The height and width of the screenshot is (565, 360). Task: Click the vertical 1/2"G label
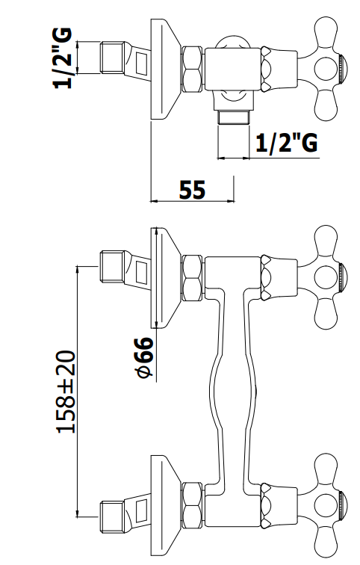63,58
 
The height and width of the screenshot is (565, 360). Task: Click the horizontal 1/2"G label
287,143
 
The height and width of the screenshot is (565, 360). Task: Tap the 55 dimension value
192,190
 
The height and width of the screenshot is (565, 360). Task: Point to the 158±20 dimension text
66,392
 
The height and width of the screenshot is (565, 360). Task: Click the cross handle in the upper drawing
321,69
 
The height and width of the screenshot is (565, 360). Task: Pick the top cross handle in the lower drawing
321,277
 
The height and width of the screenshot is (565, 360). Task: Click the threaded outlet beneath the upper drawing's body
234,117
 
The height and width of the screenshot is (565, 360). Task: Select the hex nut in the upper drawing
192,69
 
